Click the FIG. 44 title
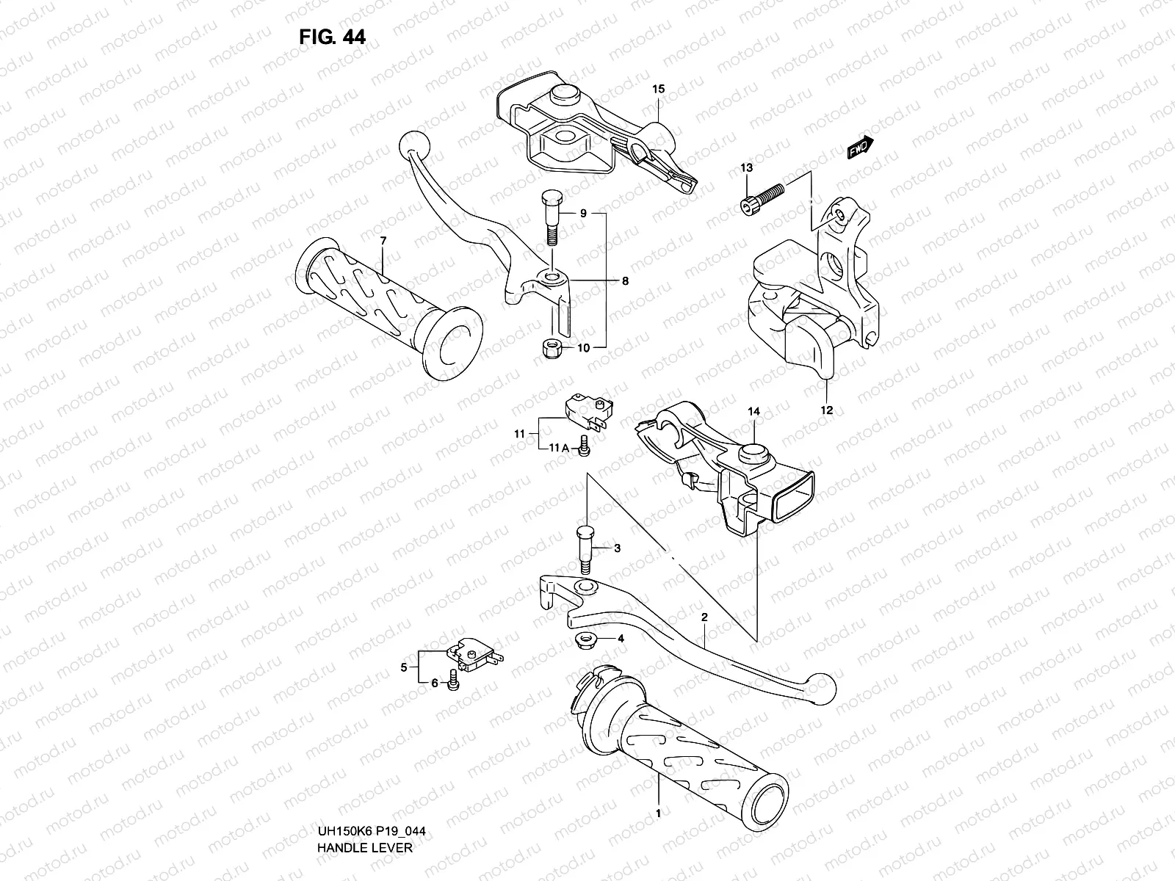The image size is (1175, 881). [332, 37]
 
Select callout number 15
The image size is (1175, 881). [658, 90]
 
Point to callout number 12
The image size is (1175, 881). [827, 411]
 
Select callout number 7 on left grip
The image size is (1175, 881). [383, 241]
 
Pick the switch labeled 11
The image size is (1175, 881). [585, 407]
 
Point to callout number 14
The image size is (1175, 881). [754, 413]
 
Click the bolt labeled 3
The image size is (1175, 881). [585, 548]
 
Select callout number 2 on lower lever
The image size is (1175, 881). [704, 618]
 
